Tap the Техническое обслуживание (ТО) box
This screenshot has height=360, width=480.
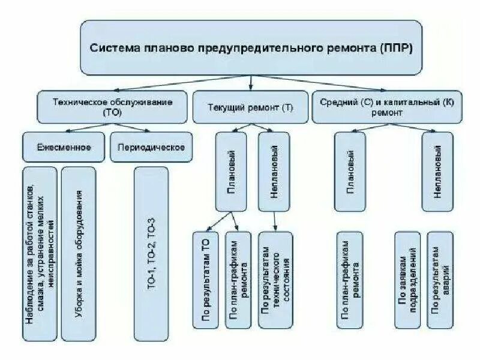pos(112,107)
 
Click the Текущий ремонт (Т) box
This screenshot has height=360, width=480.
pos(250,107)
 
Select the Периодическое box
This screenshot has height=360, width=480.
pos(151,147)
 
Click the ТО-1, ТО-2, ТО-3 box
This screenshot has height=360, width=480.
pos(151,252)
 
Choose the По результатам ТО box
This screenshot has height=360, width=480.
pos(206,280)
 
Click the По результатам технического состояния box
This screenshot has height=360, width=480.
pos(276,280)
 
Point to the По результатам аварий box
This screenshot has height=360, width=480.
pos(440,280)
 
